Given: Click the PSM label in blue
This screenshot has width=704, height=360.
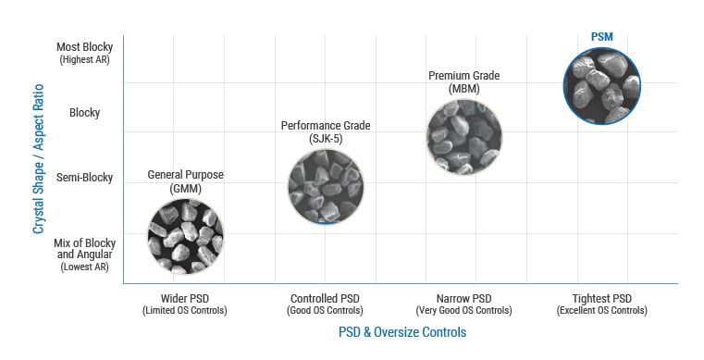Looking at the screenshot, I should (x=601, y=36).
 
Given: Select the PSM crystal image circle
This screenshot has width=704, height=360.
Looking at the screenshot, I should (x=601, y=86).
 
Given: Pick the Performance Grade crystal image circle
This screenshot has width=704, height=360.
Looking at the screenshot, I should (x=326, y=186).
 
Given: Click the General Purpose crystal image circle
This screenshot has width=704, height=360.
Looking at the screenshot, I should (x=186, y=236).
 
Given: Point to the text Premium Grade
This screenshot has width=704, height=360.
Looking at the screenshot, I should (x=464, y=75).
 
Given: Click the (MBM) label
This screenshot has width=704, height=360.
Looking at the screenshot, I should (x=464, y=89).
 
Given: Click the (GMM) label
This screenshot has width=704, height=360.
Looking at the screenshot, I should (x=185, y=188).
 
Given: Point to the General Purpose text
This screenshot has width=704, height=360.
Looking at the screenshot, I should (x=185, y=175).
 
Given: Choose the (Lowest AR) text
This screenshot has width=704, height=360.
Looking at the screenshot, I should (x=85, y=267).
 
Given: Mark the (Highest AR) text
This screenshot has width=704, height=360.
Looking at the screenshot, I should (x=85, y=60).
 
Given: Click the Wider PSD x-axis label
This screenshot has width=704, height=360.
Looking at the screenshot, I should (x=184, y=298).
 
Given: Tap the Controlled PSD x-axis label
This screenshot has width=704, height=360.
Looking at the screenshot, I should (x=324, y=298).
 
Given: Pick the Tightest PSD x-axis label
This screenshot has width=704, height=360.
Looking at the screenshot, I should (x=601, y=298).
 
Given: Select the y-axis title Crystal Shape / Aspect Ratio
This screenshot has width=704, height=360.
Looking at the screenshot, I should (x=39, y=156).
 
